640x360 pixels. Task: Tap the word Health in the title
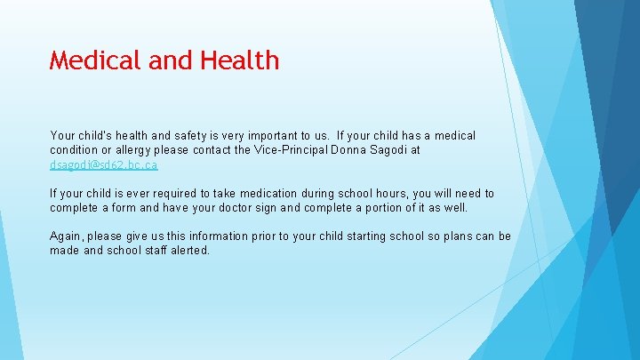click(239, 60)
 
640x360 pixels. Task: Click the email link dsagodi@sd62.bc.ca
click(103, 165)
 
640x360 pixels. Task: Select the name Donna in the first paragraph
click(348, 150)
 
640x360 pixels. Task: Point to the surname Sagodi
click(392, 150)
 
